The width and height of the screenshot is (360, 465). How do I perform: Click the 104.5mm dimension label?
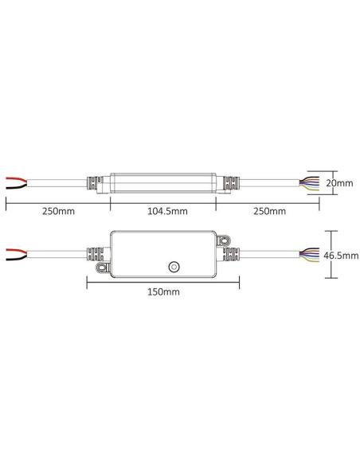pos(162,211)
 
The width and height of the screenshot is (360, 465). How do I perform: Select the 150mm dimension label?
pos(163,291)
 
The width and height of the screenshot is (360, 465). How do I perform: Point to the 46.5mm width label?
pos(342,256)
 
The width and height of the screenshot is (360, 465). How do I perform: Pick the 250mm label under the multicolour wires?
pos(268,211)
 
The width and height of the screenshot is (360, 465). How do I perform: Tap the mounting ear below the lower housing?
pos(100,274)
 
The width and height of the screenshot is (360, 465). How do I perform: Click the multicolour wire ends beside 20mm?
pos(311,182)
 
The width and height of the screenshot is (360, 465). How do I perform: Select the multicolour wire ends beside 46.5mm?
pos(311,255)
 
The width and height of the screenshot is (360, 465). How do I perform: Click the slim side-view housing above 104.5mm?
pos(162,182)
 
